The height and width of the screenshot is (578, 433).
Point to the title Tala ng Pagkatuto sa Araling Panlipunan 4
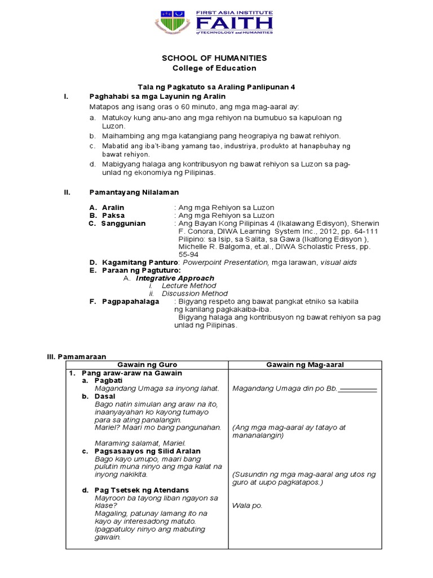(x=216, y=87)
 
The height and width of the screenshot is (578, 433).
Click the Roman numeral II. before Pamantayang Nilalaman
(x=67, y=192)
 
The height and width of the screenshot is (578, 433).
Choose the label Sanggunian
(x=123, y=224)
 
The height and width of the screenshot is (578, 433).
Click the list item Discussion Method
(x=195, y=294)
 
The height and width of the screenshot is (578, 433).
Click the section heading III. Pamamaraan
(x=76, y=357)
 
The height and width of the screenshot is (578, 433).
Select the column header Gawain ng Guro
(x=147, y=365)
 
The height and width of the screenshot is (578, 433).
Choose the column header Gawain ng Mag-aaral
(x=304, y=365)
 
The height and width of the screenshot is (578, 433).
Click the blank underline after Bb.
(x=359, y=389)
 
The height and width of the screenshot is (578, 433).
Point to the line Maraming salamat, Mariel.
(x=140, y=443)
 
